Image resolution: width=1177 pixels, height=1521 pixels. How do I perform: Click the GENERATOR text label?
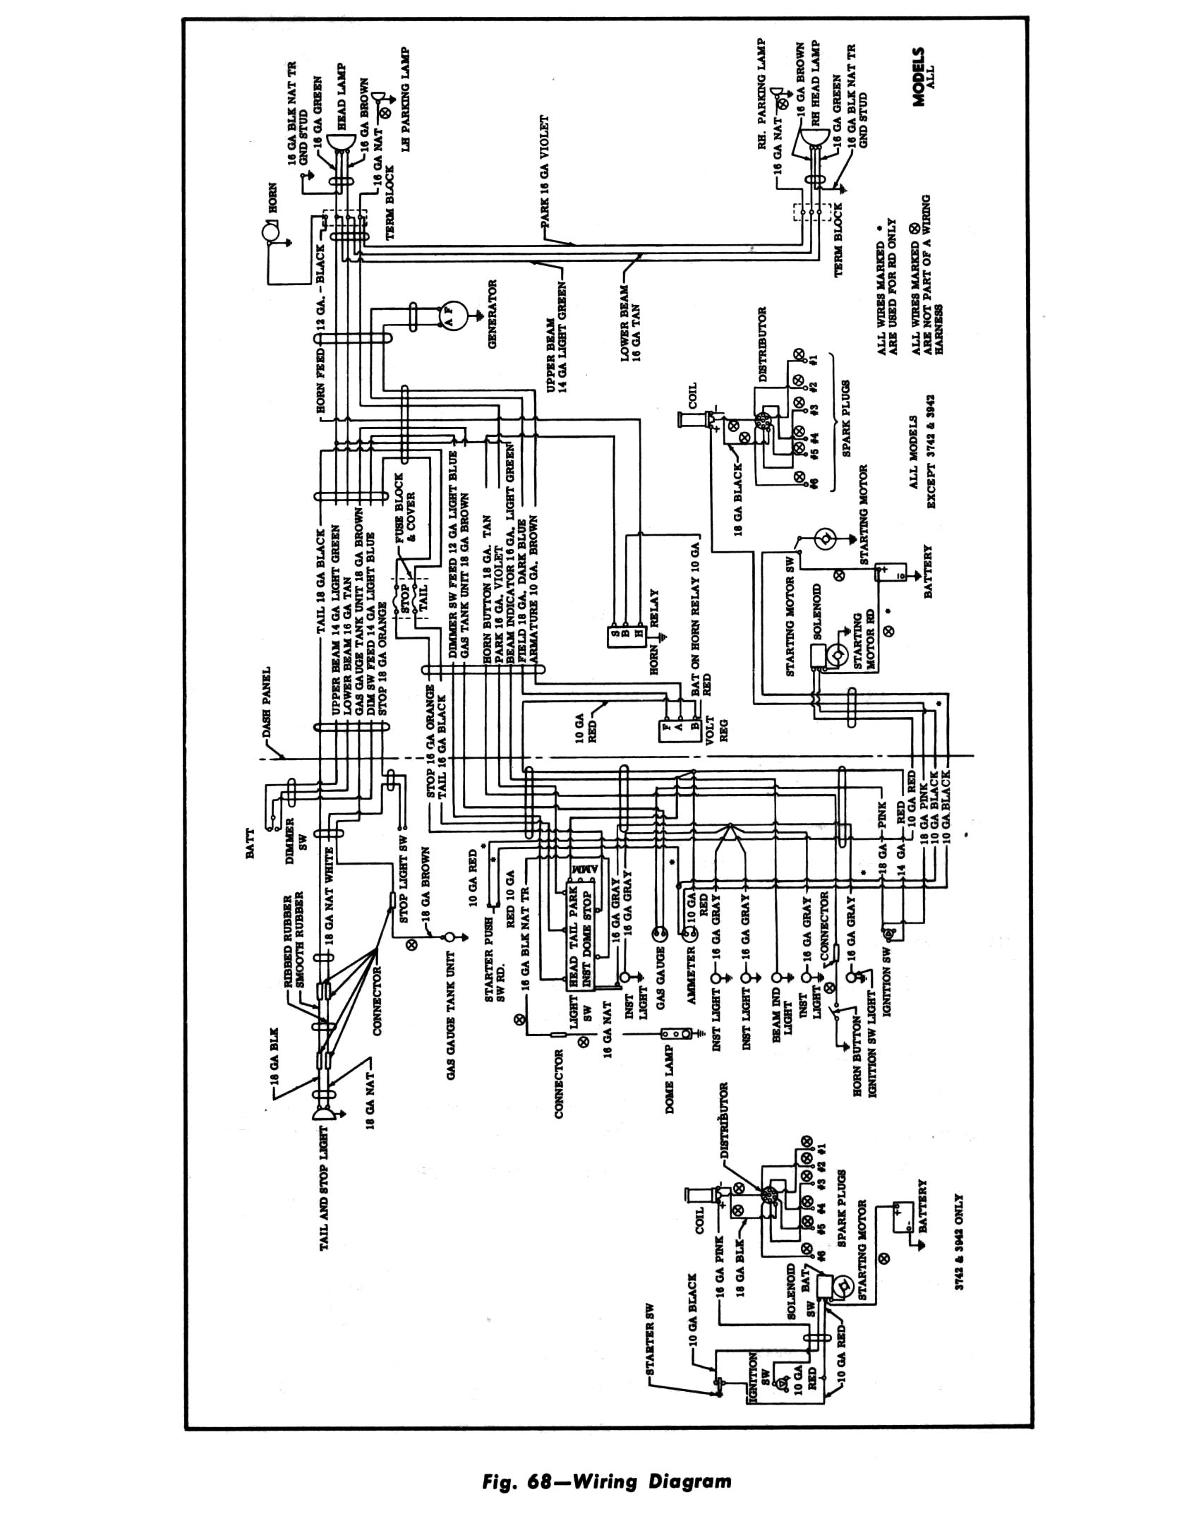click(x=493, y=315)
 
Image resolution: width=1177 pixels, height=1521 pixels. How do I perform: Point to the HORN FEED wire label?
click(x=321, y=381)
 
